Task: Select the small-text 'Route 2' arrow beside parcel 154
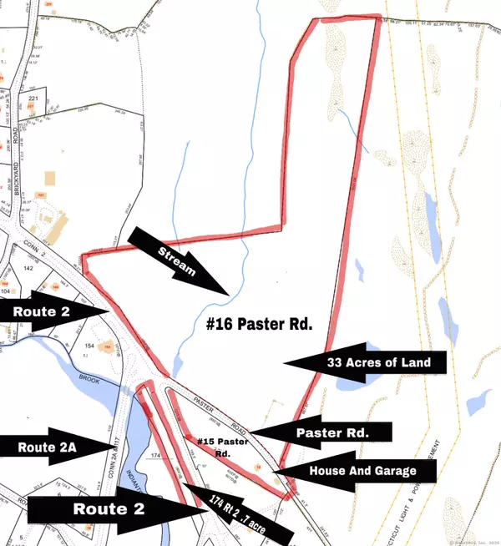click(55, 310)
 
